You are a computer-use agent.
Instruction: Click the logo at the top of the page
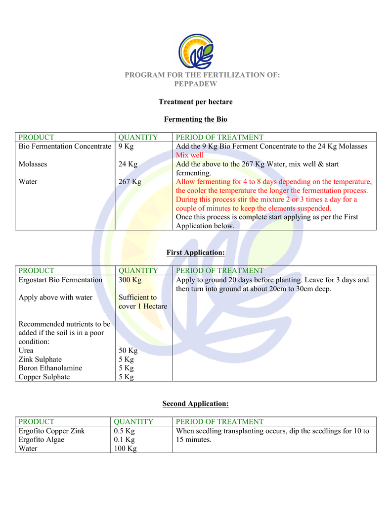point(196,51)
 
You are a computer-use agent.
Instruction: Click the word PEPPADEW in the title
point(195,84)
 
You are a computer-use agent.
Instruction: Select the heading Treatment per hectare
point(195,102)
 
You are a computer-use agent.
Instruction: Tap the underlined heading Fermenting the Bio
point(195,119)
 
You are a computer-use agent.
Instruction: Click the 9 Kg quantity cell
point(126,146)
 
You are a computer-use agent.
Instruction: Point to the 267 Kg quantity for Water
point(130,182)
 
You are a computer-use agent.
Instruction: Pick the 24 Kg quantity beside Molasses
point(128,164)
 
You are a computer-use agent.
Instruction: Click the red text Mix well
point(190,155)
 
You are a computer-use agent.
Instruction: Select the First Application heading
point(195,253)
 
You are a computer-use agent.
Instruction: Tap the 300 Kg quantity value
point(130,280)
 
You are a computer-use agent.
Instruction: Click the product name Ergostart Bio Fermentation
point(60,280)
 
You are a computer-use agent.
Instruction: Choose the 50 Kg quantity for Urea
point(128,351)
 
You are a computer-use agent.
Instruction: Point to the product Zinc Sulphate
point(40,359)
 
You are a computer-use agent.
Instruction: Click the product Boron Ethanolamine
point(50,368)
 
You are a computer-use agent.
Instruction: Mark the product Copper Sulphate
point(44,377)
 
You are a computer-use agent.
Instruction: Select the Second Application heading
point(195,404)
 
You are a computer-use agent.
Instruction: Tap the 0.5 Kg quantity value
point(124,431)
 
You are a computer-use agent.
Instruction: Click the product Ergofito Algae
point(41,440)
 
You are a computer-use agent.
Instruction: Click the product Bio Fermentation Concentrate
point(65,146)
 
